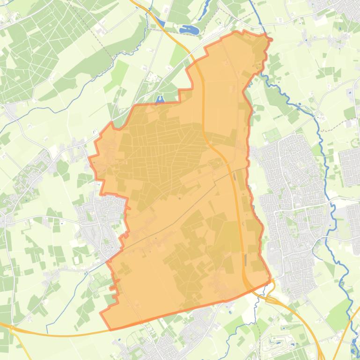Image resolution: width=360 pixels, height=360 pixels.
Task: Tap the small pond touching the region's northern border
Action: click(x=161, y=99)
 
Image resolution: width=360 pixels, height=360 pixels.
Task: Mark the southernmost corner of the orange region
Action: click(x=110, y=329)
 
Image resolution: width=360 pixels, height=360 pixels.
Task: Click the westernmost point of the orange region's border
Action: click(x=90, y=159)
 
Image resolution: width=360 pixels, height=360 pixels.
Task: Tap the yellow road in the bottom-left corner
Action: click(x=56, y=335)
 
